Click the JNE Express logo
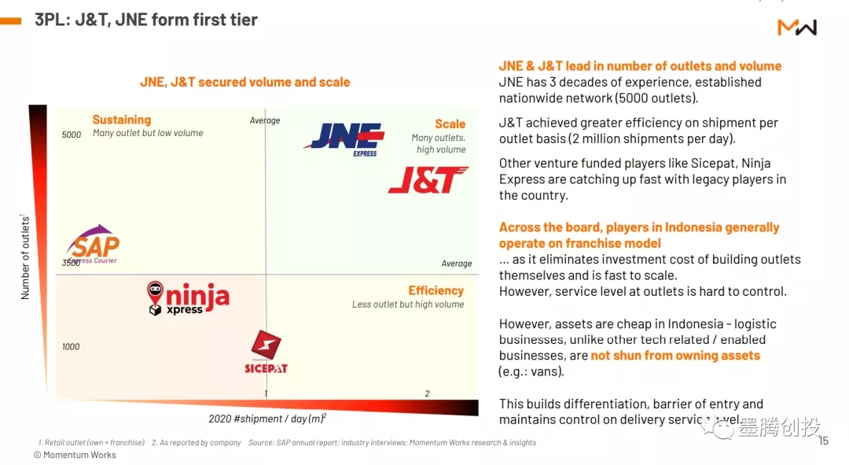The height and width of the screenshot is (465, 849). (344, 138)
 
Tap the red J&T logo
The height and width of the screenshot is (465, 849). (428, 180)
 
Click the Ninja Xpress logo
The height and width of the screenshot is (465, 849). (188, 298)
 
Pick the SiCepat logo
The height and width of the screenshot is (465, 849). (266, 352)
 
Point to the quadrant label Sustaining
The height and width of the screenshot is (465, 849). (121, 120)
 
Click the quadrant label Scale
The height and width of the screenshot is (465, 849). (450, 124)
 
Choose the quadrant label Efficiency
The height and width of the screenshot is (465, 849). (436, 290)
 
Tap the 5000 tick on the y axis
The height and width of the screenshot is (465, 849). (72, 135)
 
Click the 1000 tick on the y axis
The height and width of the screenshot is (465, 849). (71, 347)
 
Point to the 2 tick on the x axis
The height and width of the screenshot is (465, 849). (428, 393)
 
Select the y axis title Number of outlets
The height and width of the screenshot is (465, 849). (25, 256)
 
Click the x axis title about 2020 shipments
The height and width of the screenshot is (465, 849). (267, 418)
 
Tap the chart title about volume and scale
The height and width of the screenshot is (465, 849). (244, 82)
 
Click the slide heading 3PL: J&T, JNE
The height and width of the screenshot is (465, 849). (146, 20)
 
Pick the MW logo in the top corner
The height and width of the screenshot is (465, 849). (797, 28)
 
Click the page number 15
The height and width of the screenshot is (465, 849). (823, 441)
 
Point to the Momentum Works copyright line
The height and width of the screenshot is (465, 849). (75, 455)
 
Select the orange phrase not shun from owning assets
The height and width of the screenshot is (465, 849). (675, 356)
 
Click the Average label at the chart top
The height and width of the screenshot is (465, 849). (265, 120)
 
